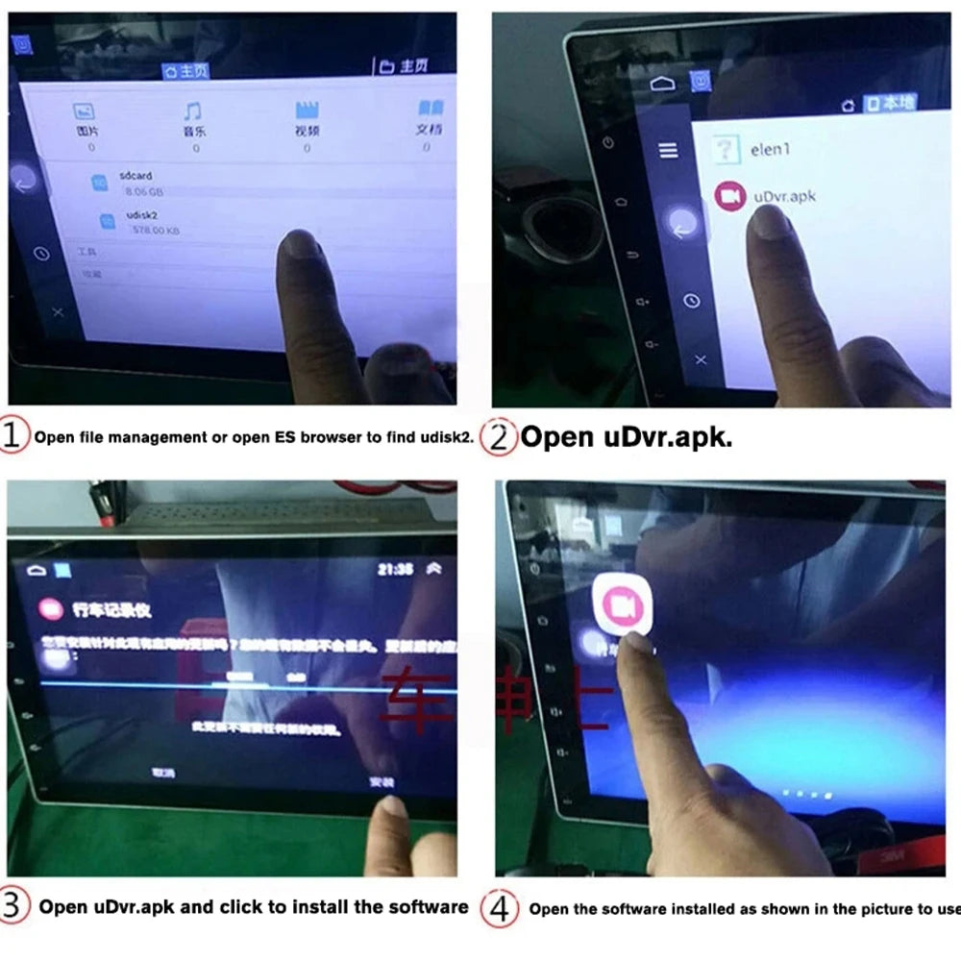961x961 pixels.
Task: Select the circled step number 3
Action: [13, 906]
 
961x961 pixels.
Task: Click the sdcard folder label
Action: [136, 177]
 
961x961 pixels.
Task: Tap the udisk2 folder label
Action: [140, 217]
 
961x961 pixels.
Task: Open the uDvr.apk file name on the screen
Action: [784, 196]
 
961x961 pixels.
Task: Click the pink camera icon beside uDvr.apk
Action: [730, 196]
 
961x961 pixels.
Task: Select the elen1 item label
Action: [771, 150]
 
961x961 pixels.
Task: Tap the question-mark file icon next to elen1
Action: [727, 149]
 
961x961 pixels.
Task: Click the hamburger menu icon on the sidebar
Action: [668, 150]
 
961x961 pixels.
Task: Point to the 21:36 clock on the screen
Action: [396, 569]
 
